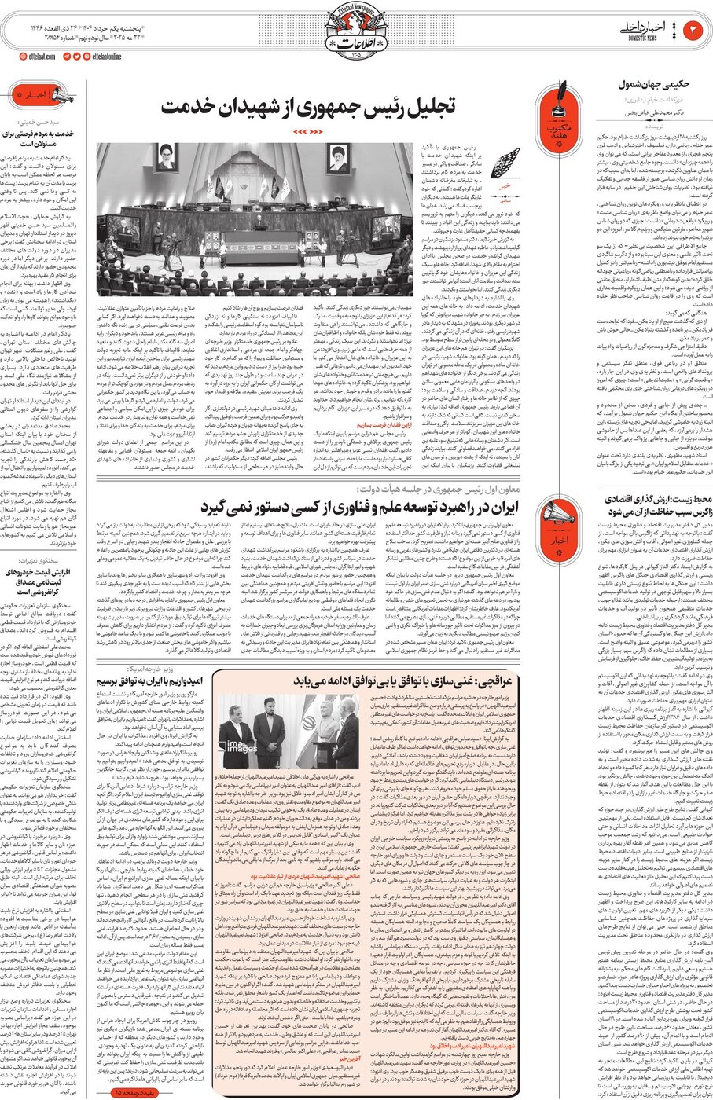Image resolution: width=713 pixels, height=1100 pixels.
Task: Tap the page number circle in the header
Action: [x=694, y=30]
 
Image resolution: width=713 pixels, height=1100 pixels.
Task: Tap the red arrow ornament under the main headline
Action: [x=307, y=131]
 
